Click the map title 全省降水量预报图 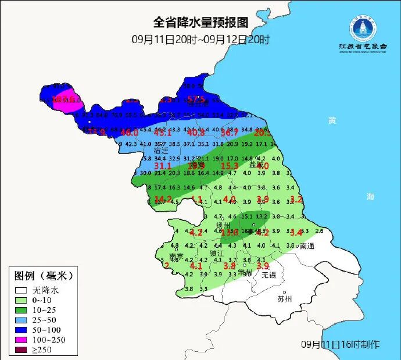tap(201, 23)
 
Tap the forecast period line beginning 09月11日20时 tap(201, 40)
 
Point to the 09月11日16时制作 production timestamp tap(341, 344)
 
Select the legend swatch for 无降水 tap(22, 290)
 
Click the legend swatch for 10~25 tap(22, 311)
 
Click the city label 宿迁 tap(161, 150)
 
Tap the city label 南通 tap(307, 246)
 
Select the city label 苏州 tap(285, 299)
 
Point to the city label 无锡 tap(268, 275)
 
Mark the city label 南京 tap(176, 256)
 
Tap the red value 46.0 tap(128, 133)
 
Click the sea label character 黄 tap(332, 121)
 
